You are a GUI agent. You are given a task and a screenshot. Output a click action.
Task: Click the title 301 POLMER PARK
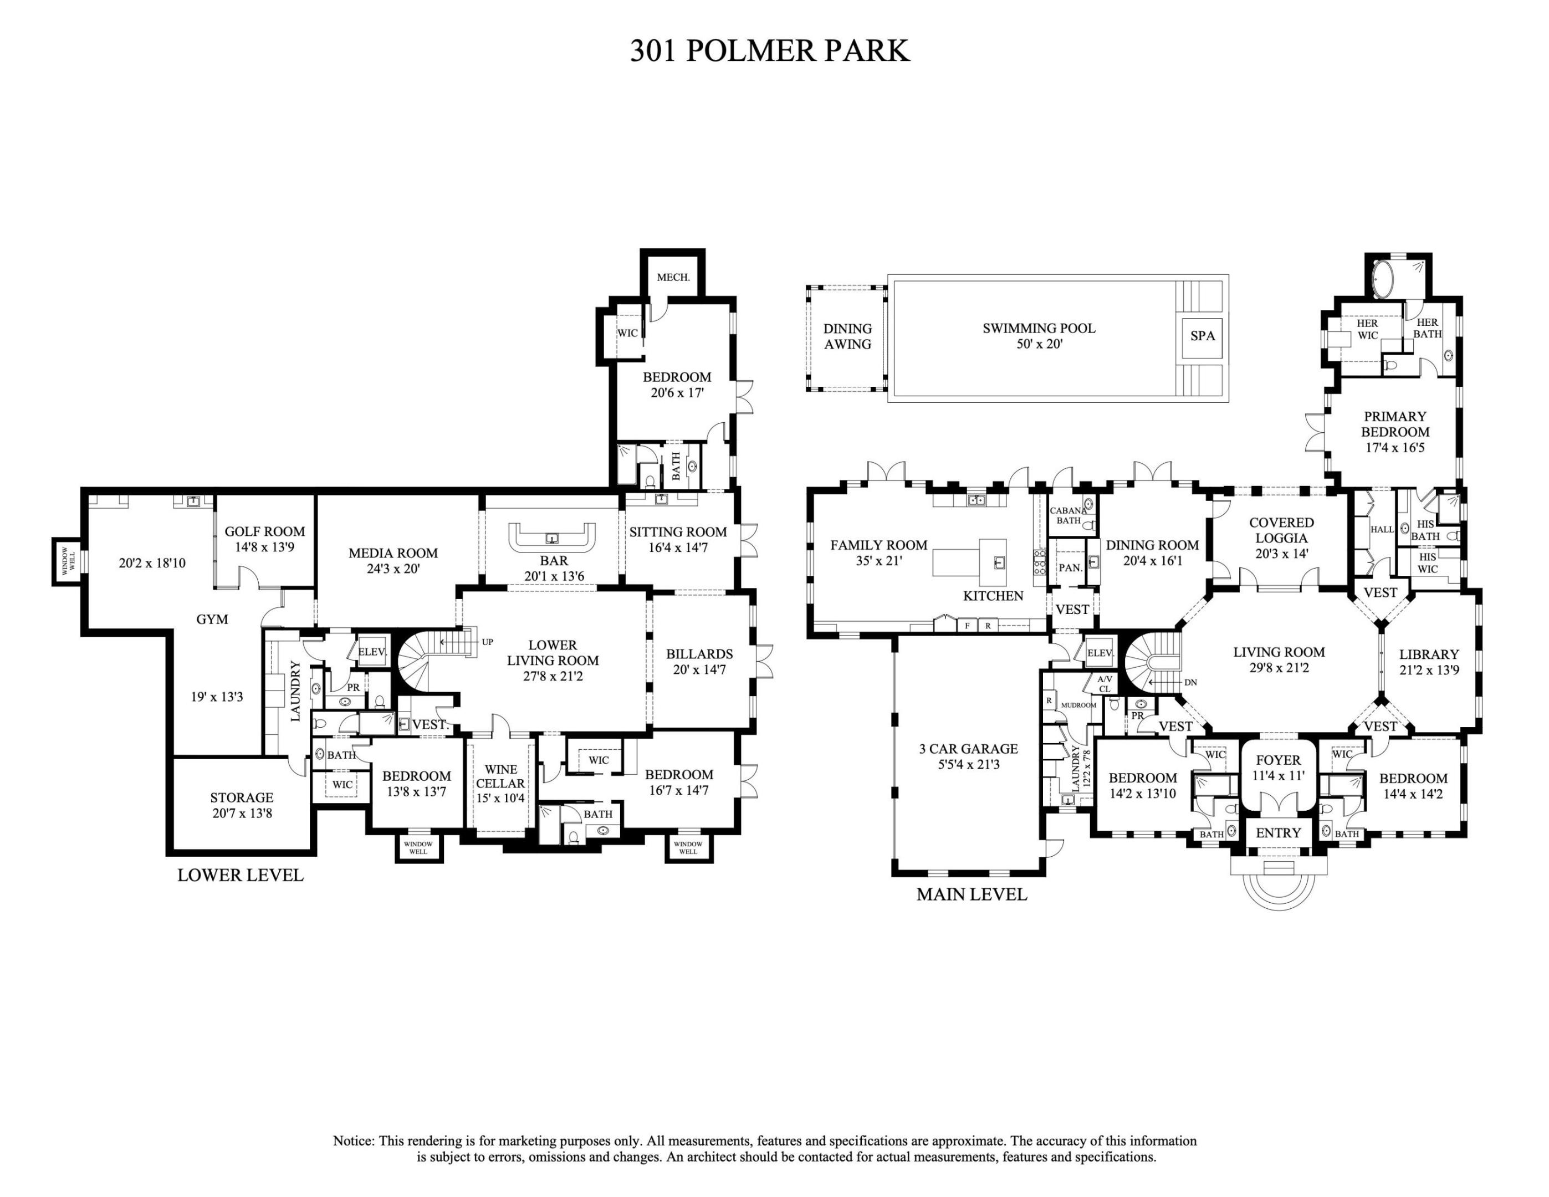coord(770,51)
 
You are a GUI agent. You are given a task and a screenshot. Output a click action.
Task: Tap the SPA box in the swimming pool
coord(1202,336)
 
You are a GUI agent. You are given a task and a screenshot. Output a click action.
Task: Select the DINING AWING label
coord(847,337)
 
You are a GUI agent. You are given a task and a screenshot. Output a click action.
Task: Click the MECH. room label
coord(672,277)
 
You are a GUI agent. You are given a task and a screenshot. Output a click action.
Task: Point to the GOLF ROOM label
coord(264,531)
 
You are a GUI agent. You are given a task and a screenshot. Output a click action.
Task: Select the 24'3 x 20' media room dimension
coord(393,569)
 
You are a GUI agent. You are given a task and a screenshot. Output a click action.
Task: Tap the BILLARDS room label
coord(699,654)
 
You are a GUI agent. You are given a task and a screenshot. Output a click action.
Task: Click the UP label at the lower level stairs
coord(487,642)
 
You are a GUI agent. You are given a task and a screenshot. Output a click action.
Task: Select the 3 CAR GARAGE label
coord(968,749)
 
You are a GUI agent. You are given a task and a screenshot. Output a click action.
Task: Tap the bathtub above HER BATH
coord(1384,279)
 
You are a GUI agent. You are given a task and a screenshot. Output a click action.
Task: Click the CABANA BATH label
coord(1068,515)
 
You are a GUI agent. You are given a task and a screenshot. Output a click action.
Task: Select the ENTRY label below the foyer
coord(1278,833)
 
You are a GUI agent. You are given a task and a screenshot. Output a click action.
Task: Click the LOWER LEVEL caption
coord(240,876)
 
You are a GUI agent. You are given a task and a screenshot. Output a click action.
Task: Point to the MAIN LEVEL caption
coord(971,895)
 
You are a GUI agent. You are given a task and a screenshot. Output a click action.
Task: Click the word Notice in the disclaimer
coord(352,1141)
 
